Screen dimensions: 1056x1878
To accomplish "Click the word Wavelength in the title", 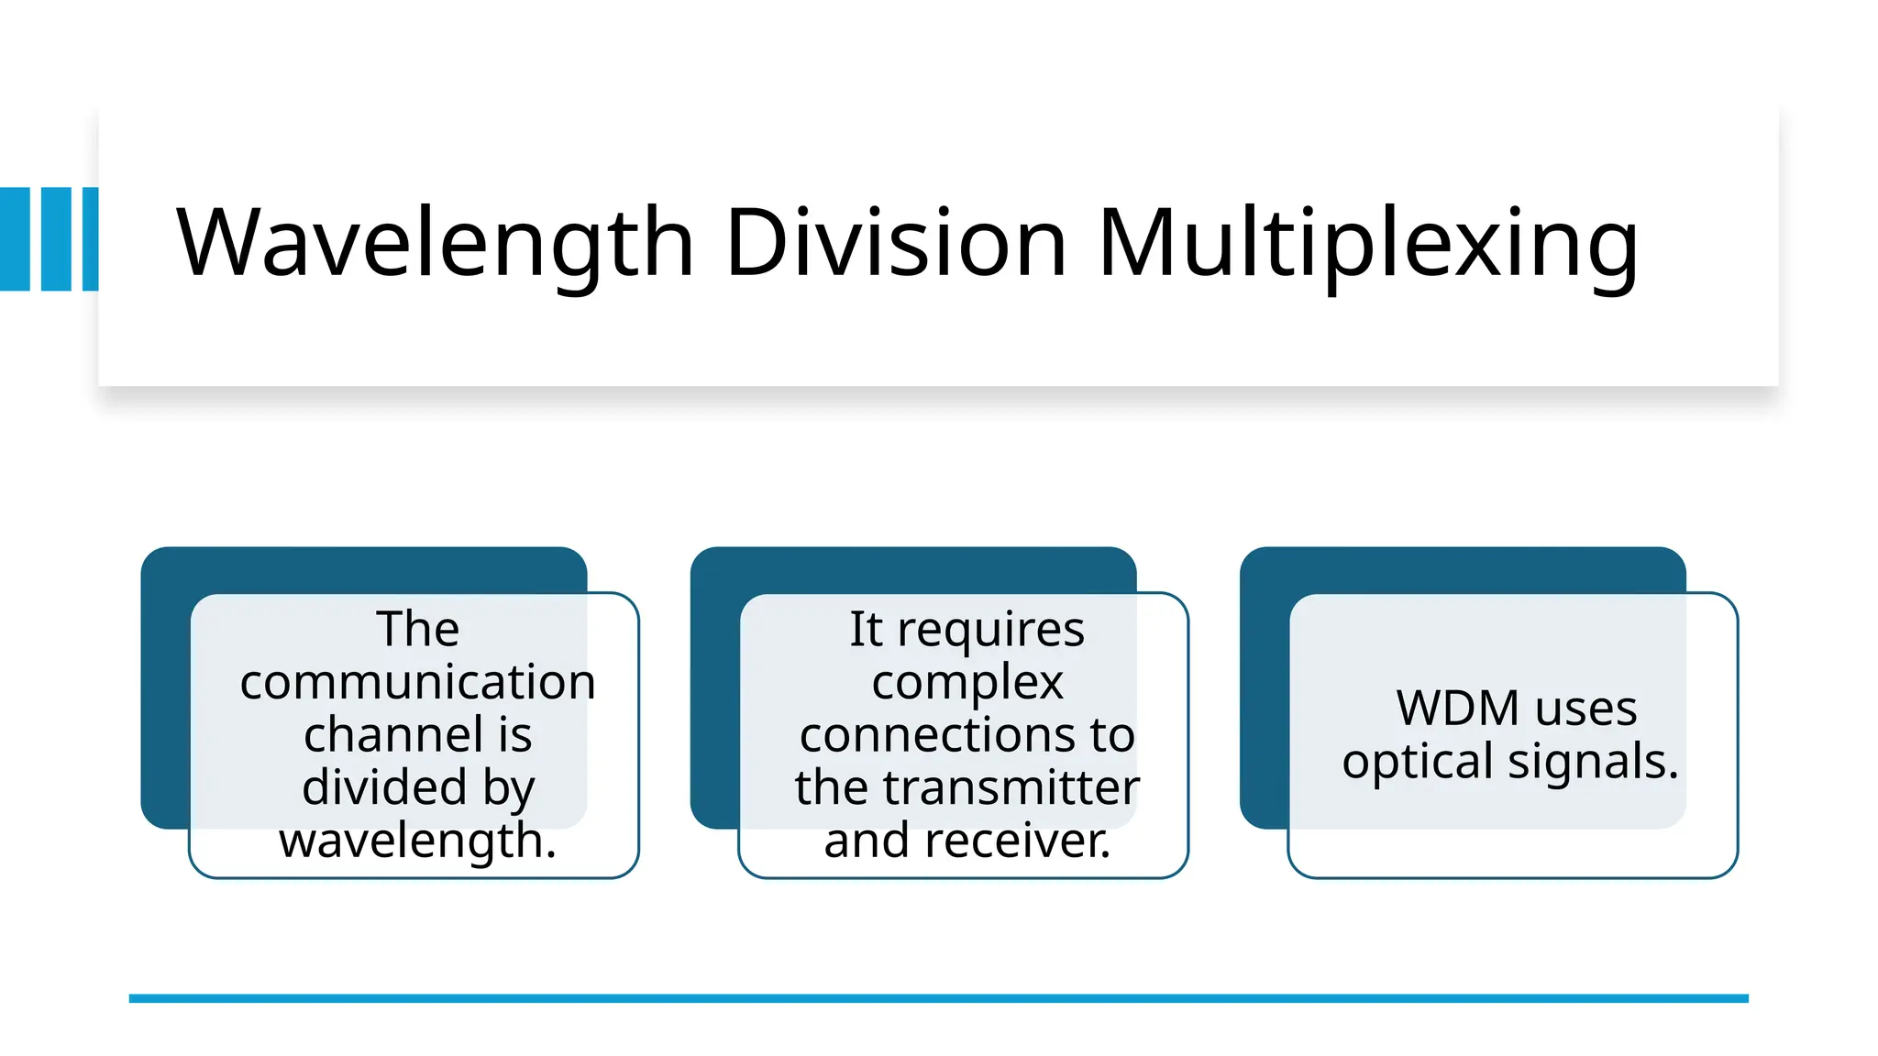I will [x=435, y=242].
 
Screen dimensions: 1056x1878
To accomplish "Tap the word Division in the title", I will [x=896, y=242].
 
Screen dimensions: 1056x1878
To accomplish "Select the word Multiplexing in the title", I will [x=1367, y=242].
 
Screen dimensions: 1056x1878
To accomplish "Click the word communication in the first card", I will [x=417, y=682].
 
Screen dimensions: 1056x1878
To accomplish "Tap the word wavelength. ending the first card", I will [x=417, y=841].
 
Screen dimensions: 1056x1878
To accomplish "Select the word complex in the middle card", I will [x=967, y=683].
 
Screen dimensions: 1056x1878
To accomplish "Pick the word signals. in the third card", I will [x=1593, y=762].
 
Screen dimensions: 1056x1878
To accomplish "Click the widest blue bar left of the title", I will [x=15, y=239].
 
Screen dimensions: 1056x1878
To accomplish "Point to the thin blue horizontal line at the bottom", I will [x=938, y=998].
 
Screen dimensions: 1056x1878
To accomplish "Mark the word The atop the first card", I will [x=417, y=630].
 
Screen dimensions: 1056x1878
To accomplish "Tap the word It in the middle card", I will [x=865, y=630].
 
